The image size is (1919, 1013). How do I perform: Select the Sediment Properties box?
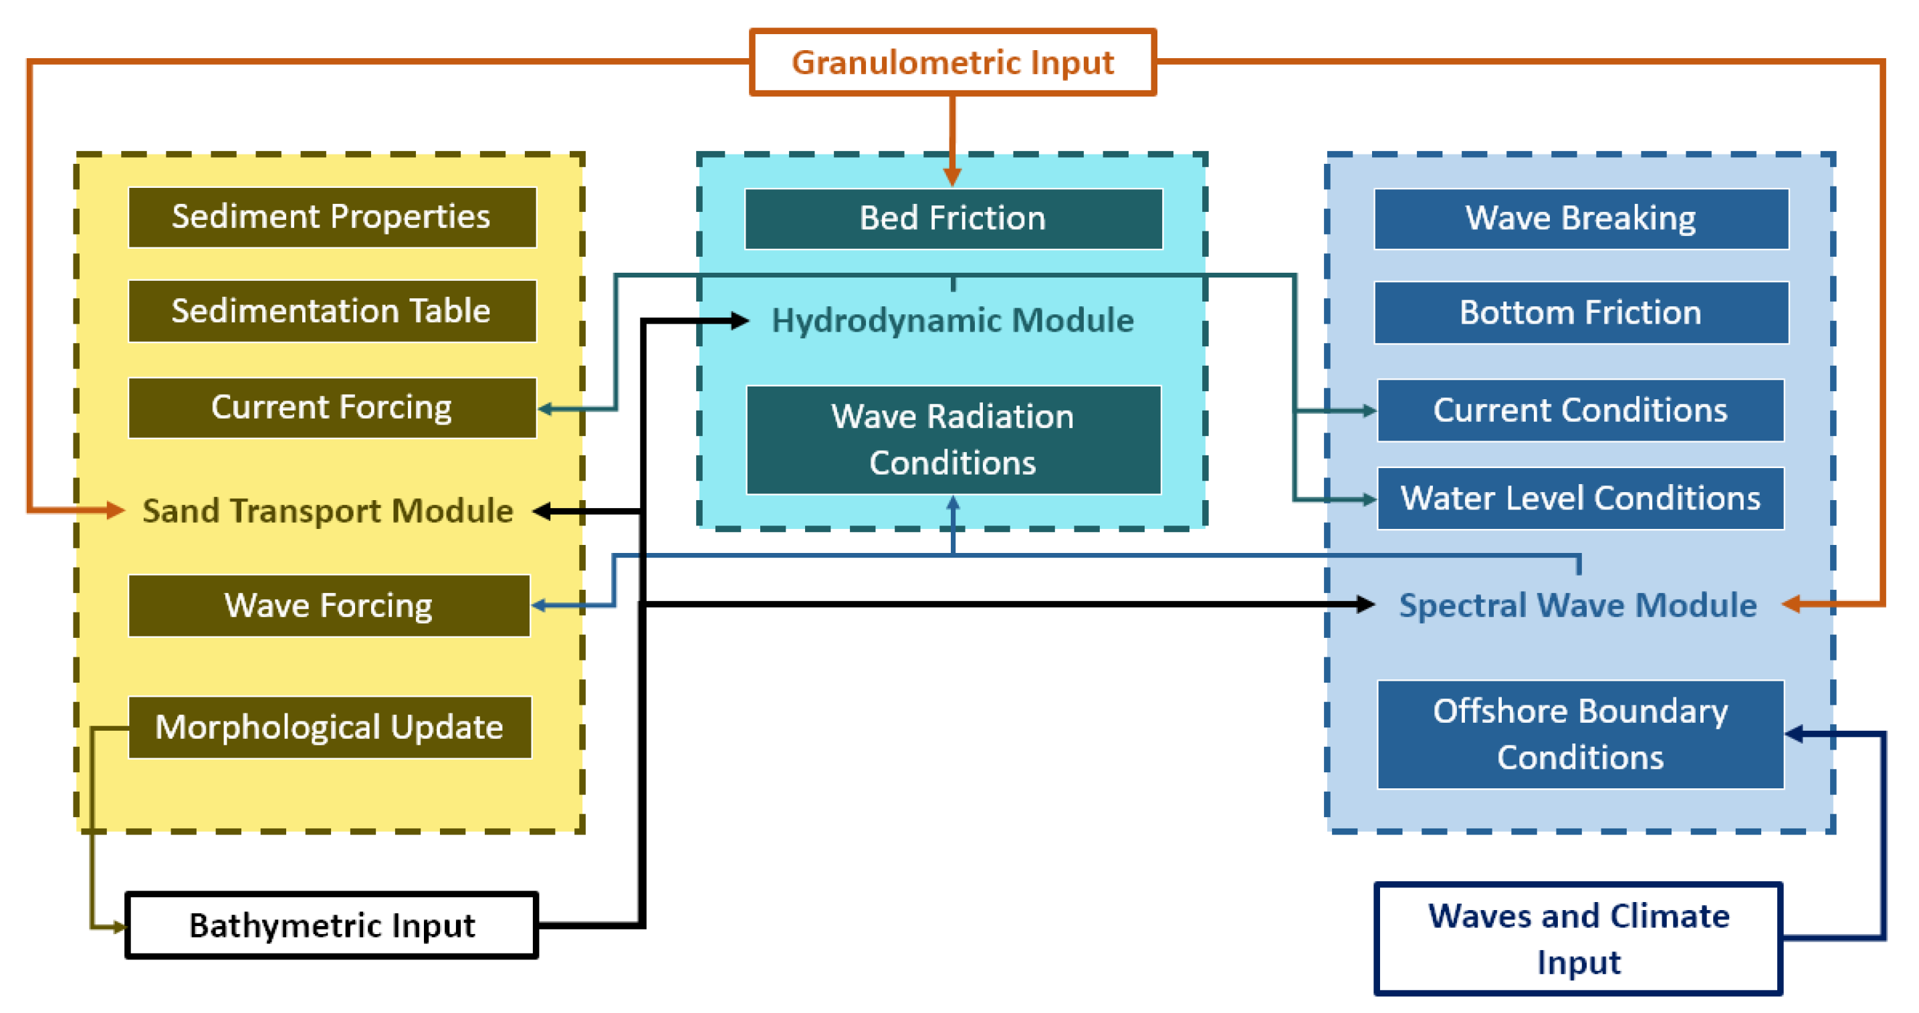(332, 217)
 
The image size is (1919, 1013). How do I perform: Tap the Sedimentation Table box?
(332, 311)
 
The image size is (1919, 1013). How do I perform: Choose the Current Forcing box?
(332, 407)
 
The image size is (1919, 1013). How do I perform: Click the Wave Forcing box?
(329, 606)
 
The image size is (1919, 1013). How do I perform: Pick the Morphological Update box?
(330, 727)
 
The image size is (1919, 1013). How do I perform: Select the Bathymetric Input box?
(332, 925)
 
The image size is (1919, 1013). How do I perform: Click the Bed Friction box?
(953, 218)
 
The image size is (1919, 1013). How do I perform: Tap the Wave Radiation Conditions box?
(953, 439)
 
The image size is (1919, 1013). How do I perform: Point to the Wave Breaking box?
(1581, 218)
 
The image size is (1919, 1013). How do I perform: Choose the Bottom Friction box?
(1581, 312)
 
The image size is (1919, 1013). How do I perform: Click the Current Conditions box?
(1581, 410)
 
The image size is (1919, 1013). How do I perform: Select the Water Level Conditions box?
(1581, 498)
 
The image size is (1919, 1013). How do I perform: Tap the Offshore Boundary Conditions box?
(1581, 734)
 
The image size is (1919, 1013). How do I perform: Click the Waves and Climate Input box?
(1579, 939)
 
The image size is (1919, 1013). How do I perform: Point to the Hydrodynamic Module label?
(953, 320)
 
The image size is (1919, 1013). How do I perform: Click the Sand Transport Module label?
(328, 511)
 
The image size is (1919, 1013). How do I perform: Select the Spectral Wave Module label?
(1578, 605)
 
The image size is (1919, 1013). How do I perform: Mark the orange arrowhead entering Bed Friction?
(952, 177)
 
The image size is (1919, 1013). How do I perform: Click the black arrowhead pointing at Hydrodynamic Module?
(739, 321)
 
